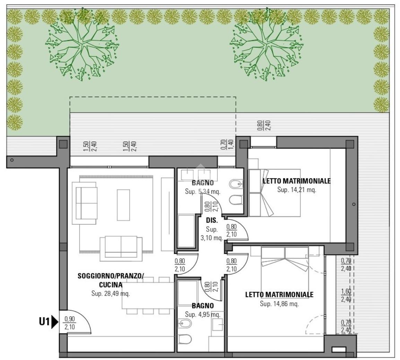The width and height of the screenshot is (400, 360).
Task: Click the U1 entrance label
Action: click(44, 322)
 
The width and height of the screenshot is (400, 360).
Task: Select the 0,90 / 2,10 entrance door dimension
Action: click(70, 323)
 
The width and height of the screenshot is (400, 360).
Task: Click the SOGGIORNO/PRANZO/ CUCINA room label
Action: click(111, 280)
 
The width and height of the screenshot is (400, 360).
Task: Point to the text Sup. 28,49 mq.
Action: click(111, 293)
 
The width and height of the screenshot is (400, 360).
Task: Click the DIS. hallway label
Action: click(212, 220)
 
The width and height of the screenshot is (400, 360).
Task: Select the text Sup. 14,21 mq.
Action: click(297, 190)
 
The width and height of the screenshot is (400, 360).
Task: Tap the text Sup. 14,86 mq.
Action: click(279, 304)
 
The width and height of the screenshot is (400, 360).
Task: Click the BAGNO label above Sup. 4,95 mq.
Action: click(203, 306)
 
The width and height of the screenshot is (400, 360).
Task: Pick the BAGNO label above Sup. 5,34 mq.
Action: click(203, 183)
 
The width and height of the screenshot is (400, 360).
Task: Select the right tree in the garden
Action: click(267, 45)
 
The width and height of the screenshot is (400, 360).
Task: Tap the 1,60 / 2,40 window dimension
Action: click(346, 295)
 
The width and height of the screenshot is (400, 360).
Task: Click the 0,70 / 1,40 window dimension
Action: click(224, 144)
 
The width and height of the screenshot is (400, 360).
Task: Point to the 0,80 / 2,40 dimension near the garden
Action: click(260, 125)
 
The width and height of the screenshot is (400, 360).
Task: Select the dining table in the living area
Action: click(148, 296)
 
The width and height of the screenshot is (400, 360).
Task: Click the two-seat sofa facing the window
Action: click(121, 248)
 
